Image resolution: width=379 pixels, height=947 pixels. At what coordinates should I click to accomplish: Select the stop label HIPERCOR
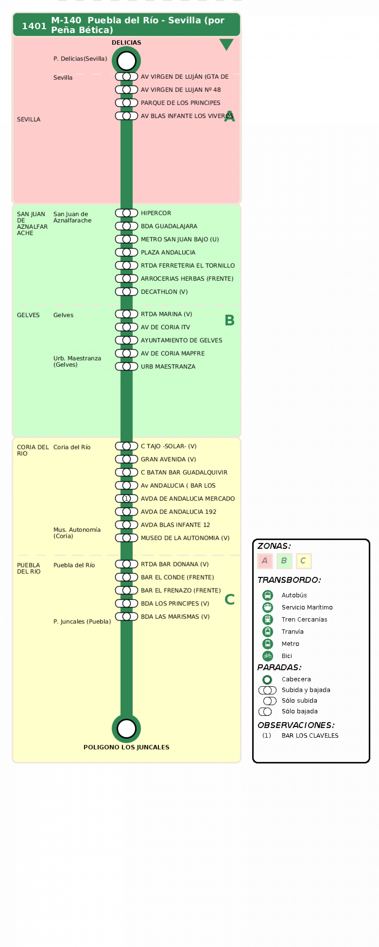(x=156, y=213)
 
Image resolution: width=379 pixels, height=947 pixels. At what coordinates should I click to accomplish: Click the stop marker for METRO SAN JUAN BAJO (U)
(x=126, y=239)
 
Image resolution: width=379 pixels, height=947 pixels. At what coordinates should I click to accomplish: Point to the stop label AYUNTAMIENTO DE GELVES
(x=181, y=340)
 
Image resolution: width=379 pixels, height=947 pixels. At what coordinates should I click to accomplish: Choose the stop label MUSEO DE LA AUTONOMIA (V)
(x=185, y=538)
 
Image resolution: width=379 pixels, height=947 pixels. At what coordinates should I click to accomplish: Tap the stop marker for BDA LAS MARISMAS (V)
(x=126, y=617)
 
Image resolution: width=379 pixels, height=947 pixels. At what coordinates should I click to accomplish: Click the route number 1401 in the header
(x=34, y=26)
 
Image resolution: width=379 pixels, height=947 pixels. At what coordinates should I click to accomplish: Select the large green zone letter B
(x=230, y=320)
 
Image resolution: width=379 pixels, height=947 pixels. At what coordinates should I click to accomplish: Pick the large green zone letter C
(x=230, y=600)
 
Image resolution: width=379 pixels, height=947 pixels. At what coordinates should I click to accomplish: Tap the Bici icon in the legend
(x=267, y=656)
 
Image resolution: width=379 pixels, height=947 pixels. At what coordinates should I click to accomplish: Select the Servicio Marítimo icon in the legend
(x=267, y=607)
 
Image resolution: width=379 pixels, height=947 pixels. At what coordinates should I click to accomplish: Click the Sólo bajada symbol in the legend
(x=265, y=712)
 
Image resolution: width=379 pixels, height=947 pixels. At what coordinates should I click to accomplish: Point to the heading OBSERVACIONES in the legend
(x=296, y=725)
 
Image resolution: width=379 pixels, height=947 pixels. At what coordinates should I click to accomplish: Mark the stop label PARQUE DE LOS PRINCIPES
(x=181, y=103)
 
